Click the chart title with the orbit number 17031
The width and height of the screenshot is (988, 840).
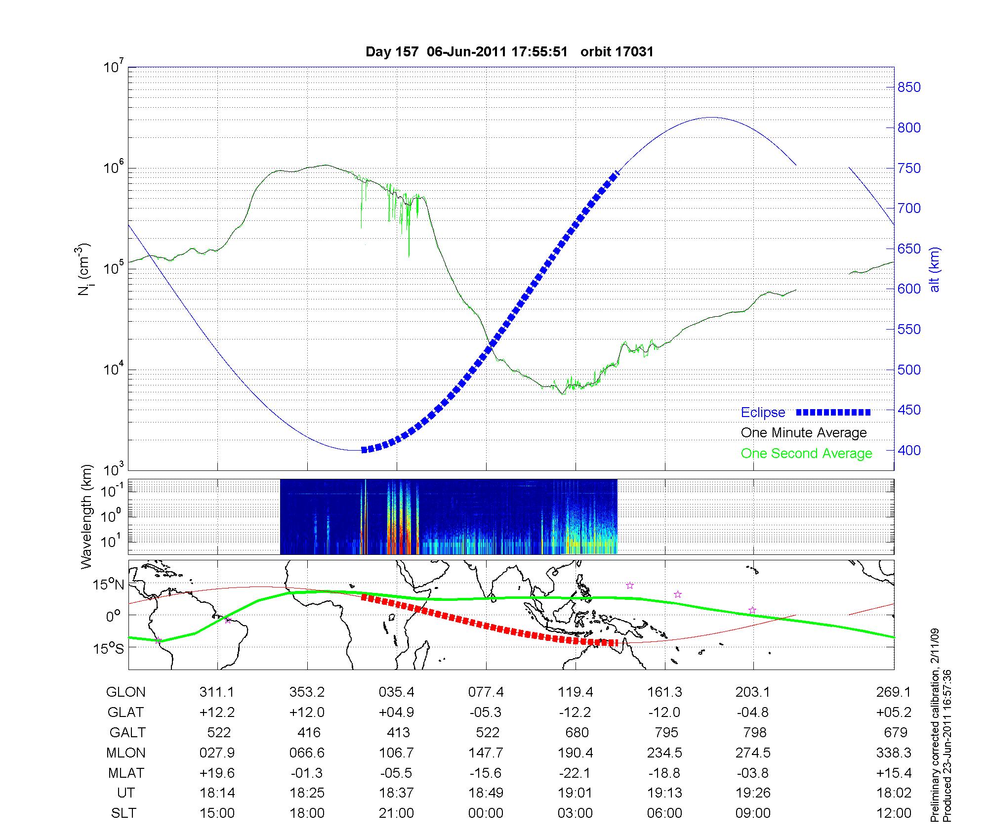click(509, 52)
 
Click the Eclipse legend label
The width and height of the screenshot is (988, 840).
click(763, 413)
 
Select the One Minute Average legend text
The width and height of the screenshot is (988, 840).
click(804, 433)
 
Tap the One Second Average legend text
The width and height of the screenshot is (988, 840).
click(806, 454)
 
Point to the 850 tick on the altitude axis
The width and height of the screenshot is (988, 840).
click(909, 87)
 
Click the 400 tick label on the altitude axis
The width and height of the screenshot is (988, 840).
click(909, 451)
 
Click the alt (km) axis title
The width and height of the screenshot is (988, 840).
click(935, 269)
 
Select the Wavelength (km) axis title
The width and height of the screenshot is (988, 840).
click(86, 516)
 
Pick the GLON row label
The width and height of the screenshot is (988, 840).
click(125, 692)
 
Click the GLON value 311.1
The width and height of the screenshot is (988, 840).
click(217, 692)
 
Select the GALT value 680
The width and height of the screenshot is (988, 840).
click(576, 732)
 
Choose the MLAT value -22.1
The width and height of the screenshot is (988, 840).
click(576, 773)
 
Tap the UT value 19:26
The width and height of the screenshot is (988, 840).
click(753, 793)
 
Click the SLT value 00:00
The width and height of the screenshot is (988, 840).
click(486, 813)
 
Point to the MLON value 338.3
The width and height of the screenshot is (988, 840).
click(894, 753)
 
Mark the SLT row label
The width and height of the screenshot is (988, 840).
click(123, 813)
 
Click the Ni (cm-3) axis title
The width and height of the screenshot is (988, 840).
click(84, 269)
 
